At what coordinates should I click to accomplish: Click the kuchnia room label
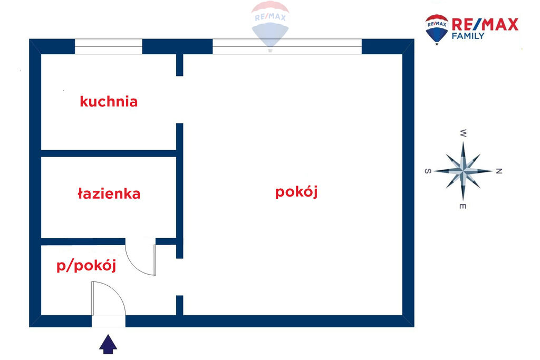pyautogui.click(x=109, y=102)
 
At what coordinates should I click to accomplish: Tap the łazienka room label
pyautogui.click(x=109, y=193)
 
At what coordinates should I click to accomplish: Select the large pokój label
pyautogui.click(x=296, y=192)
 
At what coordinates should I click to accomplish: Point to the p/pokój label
pyautogui.click(x=86, y=265)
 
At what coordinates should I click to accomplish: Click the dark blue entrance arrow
pyautogui.click(x=108, y=344)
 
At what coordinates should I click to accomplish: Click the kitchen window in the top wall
pyautogui.click(x=109, y=46)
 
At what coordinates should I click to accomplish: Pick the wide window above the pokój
pyautogui.click(x=287, y=46)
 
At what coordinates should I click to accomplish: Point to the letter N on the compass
pyautogui.click(x=499, y=171)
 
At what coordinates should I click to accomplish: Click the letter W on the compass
pyautogui.click(x=463, y=133)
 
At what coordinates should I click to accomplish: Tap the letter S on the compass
pyautogui.click(x=428, y=171)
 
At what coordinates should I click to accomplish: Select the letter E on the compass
pyautogui.click(x=463, y=207)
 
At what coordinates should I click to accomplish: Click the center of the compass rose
pyautogui.click(x=463, y=171)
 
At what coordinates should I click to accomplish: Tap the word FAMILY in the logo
pyautogui.click(x=468, y=36)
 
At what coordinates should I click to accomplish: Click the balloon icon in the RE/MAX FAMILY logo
pyautogui.click(x=437, y=30)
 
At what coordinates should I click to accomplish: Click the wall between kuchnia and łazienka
pyautogui.click(x=109, y=153)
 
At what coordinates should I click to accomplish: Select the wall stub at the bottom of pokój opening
pyautogui.click(x=179, y=305)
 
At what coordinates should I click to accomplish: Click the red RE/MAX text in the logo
pyautogui.click(x=485, y=24)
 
